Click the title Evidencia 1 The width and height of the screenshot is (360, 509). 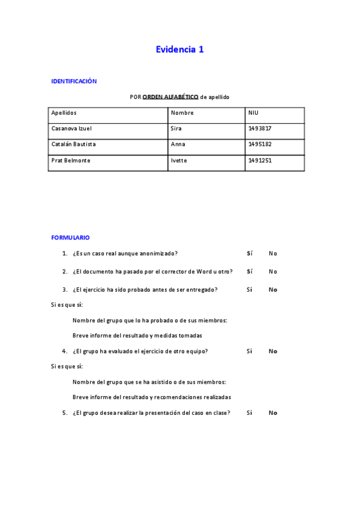point(179,50)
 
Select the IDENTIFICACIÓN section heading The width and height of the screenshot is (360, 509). point(74,81)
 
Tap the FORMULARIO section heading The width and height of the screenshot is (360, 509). point(70,238)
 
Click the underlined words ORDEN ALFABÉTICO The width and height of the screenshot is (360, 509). point(170,97)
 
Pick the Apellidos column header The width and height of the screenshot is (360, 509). point(64,113)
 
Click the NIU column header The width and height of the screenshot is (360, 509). point(253,113)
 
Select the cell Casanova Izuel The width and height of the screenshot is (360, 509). point(71,128)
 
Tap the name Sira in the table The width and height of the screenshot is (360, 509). point(176,128)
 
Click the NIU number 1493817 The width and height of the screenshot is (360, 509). point(260,128)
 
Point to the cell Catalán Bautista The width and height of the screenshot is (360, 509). point(73,144)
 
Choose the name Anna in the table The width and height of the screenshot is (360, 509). point(178,144)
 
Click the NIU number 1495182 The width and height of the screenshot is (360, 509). point(260,144)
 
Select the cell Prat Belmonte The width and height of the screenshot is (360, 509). point(71,160)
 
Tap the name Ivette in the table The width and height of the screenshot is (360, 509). point(179,160)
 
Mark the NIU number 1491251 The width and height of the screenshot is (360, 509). point(260,160)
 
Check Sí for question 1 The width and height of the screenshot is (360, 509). point(249,253)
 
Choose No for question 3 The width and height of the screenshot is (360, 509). point(273,289)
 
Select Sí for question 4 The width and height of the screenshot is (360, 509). point(249,351)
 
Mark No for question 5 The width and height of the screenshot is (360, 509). point(273,413)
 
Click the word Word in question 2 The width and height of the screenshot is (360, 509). point(204,271)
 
